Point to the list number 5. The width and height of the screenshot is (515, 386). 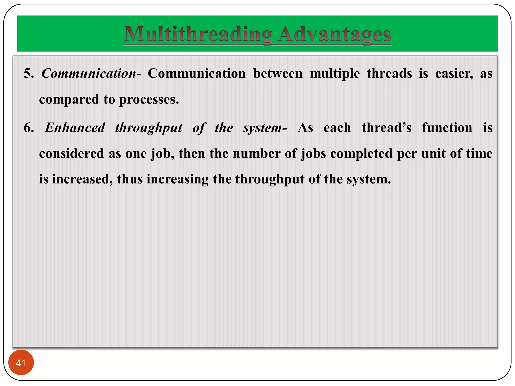click(x=29, y=74)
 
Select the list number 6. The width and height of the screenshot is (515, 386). click(x=29, y=128)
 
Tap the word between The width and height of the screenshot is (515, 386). click(x=278, y=74)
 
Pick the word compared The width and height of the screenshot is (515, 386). click(x=69, y=100)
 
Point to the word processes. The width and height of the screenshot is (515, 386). click(x=149, y=100)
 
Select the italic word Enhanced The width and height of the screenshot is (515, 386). click(x=75, y=128)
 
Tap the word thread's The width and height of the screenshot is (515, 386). click(x=387, y=128)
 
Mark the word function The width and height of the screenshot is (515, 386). click(x=447, y=128)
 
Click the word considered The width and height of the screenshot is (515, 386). click(x=72, y=154)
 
